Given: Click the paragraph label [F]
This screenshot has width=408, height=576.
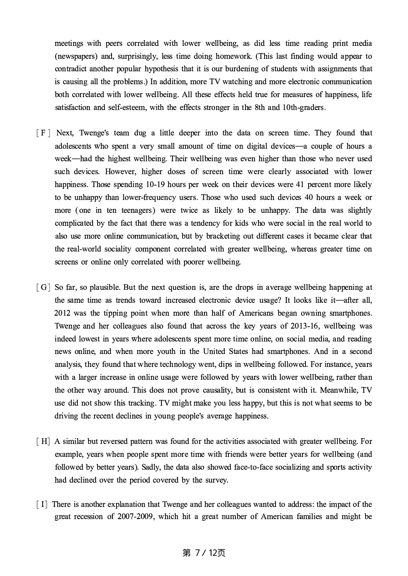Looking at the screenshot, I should (43, 133).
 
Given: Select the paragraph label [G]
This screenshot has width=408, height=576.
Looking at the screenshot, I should (43, 287).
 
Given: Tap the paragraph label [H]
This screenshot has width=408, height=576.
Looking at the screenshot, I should (43, 441).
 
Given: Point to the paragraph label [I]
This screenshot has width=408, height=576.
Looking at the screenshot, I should (42, 504).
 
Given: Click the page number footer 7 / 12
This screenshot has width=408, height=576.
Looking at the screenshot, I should (204, 553).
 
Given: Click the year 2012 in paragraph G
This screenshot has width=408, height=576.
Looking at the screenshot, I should (62, 313).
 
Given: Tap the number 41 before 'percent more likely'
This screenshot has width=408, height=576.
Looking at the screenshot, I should (300, 184).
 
